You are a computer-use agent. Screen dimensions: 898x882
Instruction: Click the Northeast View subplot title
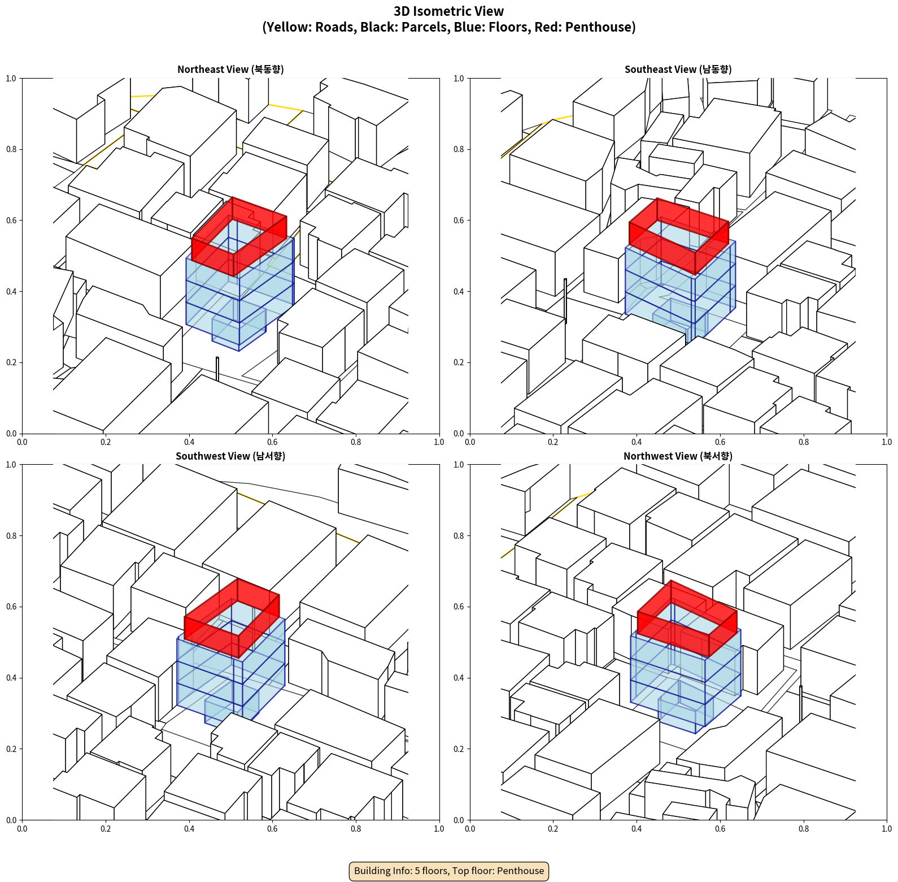(x=230, y=70)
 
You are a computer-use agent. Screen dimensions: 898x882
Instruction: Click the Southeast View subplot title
(x=678, y=70)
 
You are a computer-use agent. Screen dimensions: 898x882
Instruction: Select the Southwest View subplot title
(x=230, y=456)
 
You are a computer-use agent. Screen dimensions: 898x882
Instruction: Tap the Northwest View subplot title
(x=678, y=456)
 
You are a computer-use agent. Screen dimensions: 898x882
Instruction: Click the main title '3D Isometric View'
(x=449, y=11)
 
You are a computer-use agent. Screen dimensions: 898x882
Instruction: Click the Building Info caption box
(x=449, y=871)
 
